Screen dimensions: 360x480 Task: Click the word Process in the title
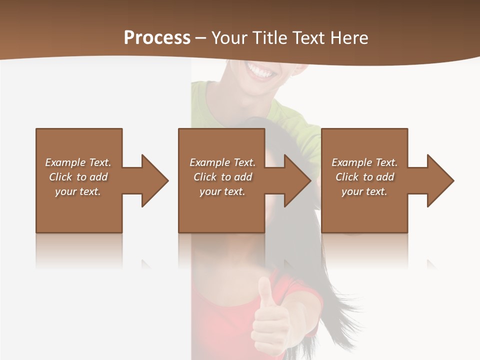tap(157, 38)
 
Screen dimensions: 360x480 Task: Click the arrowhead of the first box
tap(154, 180)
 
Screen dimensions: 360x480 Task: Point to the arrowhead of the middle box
tap(297, 180)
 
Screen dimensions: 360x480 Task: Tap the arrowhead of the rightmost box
tap(440, 180)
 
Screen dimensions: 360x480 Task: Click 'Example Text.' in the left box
tap(78, 162)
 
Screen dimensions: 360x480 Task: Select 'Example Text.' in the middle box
tap(222, 162)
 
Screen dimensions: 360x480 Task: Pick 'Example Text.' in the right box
tap(364, 162)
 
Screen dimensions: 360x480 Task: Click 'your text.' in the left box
tap(78, 191)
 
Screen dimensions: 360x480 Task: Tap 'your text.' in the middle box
tap(222, 191)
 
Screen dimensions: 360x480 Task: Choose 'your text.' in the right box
tap(364, 191)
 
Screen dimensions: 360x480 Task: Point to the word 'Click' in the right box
tap(347, 177)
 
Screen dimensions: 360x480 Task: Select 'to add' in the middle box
tap(236, 177)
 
